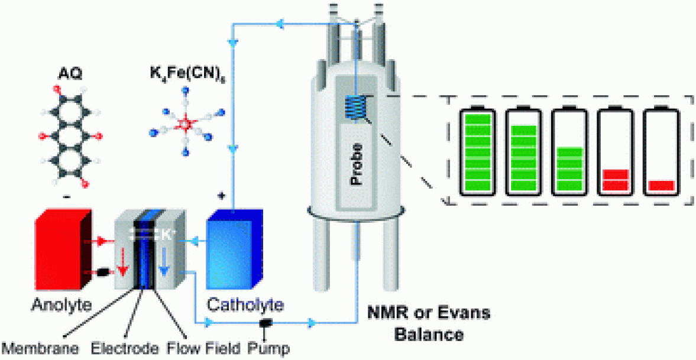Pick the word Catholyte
click(245, 306)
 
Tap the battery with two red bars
click(616, 153)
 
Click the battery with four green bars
click(569, 153)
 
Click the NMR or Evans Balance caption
click(428, 324)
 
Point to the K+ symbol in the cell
click(169, 235)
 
